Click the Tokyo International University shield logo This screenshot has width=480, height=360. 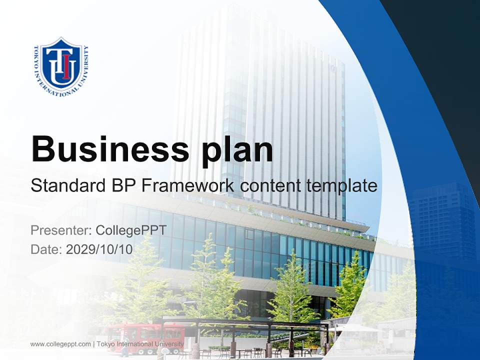[61, 67]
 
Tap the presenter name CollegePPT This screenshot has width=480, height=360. [130, 230]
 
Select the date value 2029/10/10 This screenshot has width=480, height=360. [99, 249]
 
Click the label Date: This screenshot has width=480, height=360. [46, 249]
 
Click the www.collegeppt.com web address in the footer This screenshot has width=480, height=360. [60, 344]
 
